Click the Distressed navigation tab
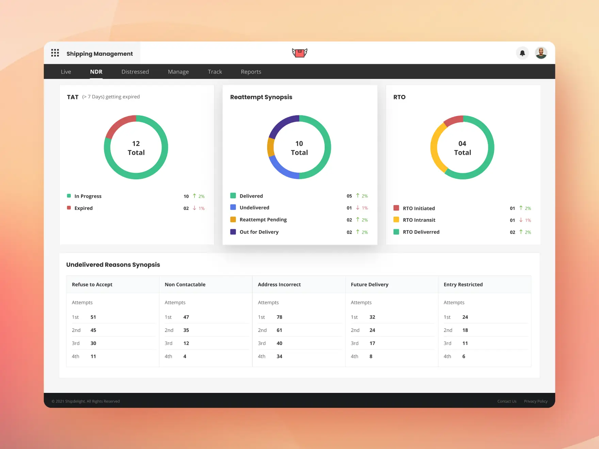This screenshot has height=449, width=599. tap(135, 72)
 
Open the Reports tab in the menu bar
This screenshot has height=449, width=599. tap(251, 72)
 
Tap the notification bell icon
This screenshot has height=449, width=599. tap(522, 53)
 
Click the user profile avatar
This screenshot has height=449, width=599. tap(541, 53)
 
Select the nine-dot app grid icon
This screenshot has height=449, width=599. tap(55, 53)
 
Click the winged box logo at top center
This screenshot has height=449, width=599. tap(299, 53)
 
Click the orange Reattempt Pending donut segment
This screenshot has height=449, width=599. tap(271, 147)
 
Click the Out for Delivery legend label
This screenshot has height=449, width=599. tap(259, 232)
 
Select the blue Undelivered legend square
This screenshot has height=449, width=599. tap(233, 207)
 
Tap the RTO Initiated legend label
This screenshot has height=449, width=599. tap(419, 208)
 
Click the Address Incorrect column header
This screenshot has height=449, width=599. tap(279, 284)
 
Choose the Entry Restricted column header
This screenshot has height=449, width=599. tap(463, 284)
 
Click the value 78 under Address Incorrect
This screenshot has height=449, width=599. tap(279, 317)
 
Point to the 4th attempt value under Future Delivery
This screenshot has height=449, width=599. tap(371, 356)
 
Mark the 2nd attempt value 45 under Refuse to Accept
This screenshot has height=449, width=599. tap(93, 330)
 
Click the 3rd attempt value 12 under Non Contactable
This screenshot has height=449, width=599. tap(186, 343)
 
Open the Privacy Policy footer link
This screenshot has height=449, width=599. tap(536, 401)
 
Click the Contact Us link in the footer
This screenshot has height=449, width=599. tap(507, 401)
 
